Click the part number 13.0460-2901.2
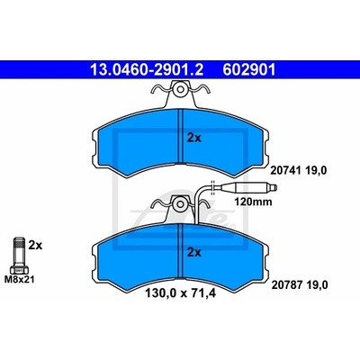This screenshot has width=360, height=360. (147, 70)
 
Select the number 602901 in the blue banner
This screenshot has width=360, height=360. (248, 70)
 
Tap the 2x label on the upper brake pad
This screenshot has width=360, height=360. (194, 138)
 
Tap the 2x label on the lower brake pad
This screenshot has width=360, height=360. (194, 253)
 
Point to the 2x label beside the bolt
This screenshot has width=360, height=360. (35, 246)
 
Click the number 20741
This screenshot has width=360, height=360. (285, 170)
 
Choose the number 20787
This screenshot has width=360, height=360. (285, 284)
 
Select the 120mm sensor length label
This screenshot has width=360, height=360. (253, 202)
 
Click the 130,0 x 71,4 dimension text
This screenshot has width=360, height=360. (181, 293)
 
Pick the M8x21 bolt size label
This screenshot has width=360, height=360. (19, 280)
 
